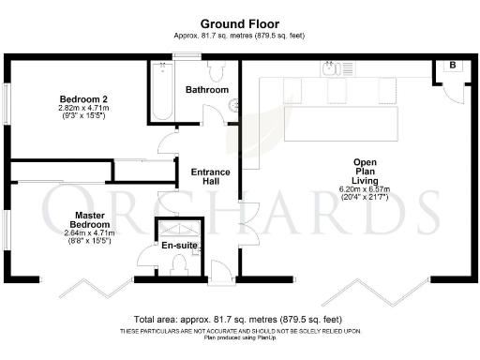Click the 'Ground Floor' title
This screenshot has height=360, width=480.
239,22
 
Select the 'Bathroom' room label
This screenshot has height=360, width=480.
206,90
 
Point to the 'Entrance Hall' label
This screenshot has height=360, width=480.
212,177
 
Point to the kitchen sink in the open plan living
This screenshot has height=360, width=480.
329,68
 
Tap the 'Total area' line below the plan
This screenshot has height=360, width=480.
239,319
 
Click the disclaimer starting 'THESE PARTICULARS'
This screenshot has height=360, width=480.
239,331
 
